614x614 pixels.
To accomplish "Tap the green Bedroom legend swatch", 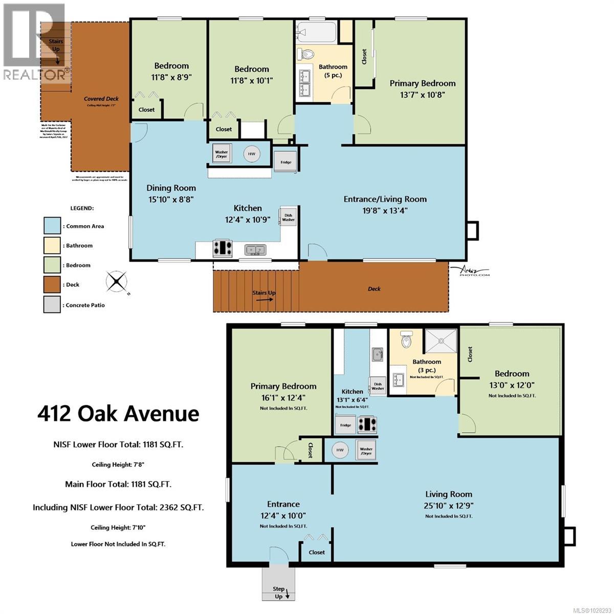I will point(52,265).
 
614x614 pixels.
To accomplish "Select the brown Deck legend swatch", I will point(52,285).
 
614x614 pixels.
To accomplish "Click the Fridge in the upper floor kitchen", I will point(286,162).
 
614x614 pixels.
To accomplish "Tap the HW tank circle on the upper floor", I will point(251,153).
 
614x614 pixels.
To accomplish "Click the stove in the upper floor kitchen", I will point(222,248).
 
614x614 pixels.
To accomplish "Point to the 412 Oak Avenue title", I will point(118,413).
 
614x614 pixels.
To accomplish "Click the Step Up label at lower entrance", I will point(279,593).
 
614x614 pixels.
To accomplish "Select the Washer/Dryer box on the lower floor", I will point(366,451).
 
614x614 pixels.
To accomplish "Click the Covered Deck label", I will point(101,99).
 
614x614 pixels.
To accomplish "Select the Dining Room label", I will point(171,188).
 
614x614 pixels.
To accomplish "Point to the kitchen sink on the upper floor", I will point(255,250).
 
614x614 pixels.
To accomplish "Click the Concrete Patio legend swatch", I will point(52,304).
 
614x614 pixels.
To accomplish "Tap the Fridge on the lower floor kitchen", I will point(345,425).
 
